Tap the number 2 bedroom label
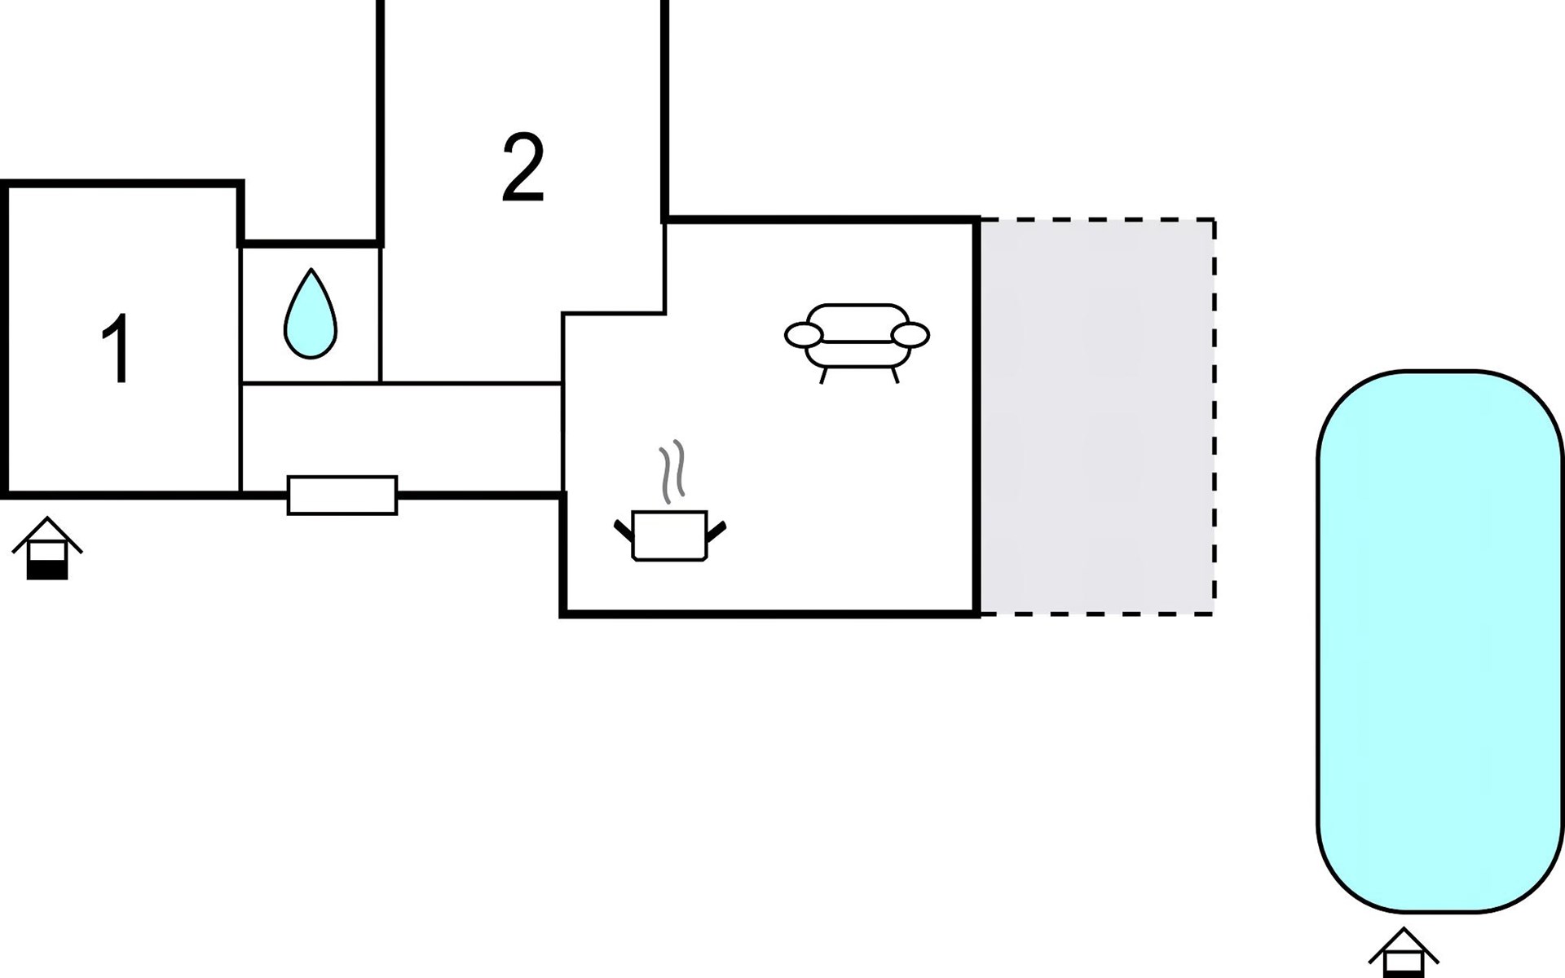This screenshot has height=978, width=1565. (x=523, y=168)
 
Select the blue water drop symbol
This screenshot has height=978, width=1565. (x=311, y=314)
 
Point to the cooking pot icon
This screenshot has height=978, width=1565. (x=669, y=535)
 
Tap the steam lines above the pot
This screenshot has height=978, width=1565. (x=672, y=472)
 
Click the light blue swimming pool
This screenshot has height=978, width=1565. (x=1440, y=641)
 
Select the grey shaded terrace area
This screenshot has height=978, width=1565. (x=1096, y=416)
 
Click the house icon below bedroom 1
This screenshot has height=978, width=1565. (x=47, y=548)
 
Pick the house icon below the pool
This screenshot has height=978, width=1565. (x=1404, y=954)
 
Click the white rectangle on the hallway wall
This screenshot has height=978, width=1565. (x=342, y=496)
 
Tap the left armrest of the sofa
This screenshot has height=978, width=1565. (x=804, y=335)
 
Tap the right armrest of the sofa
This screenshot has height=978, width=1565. (x=910, y=335)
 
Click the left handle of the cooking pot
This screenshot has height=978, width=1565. (x=624, y=531)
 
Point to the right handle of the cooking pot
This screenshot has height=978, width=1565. (x=716, y=531)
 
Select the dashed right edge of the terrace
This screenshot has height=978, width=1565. (x=1215, y=416)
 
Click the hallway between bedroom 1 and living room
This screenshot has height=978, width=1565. (x=402, y=437)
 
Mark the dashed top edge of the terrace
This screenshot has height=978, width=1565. (x=1097, y=219)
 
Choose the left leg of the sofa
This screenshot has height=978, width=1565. (x=823, y=376)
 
